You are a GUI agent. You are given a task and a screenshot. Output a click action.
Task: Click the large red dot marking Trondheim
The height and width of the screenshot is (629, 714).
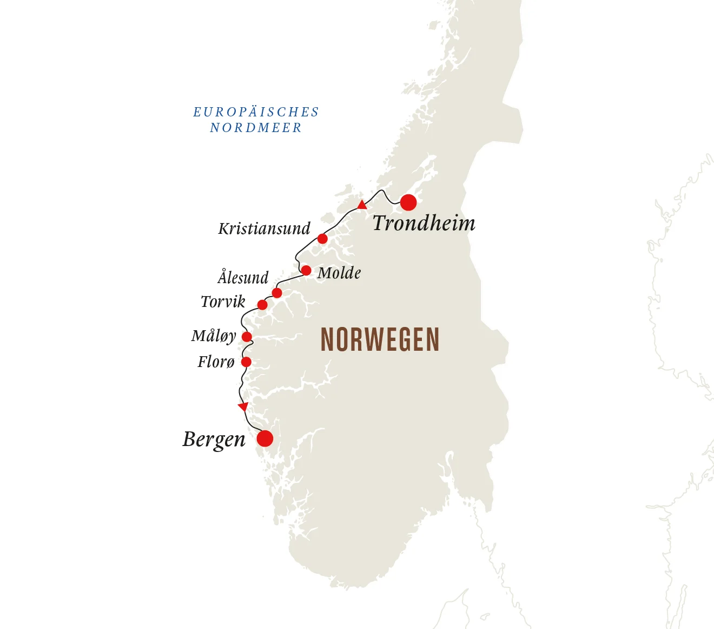[x=408, y=202]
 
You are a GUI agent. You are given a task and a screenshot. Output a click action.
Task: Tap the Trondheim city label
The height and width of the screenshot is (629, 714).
[x=424, y=224]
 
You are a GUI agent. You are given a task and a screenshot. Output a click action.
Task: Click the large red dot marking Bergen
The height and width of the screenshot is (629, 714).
[x=265, y=438]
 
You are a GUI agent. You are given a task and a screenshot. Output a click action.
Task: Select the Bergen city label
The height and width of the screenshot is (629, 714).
[x=214, y=440]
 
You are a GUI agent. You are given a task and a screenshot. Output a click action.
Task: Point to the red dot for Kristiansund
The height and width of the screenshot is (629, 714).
[x=322, y=239]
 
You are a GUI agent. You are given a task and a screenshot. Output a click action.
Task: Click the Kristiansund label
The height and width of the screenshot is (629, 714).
[x=264, y=229]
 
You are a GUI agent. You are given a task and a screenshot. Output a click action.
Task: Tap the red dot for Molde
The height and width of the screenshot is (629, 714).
[x=306, y=271]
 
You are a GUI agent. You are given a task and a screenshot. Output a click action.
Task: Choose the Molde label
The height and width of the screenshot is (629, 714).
[x=339, y=273]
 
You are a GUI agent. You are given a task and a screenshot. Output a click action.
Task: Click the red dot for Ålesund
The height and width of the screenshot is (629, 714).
[x=277, y=293]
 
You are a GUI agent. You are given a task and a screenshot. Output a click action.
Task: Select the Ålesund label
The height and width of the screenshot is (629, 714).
[x=243, y=278]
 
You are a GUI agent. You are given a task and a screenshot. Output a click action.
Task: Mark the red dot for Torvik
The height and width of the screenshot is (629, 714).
[x=262, y=305]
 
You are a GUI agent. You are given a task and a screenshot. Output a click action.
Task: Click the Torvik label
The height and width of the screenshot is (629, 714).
[x=223, y=302]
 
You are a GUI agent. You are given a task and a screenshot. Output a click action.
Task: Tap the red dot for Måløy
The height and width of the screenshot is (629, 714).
[x=247, y=337]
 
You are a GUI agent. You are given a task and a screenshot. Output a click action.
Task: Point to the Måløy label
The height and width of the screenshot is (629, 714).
[x=214, y=336]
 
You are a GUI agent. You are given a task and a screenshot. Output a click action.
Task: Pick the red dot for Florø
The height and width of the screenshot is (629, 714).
[x=246, y=362]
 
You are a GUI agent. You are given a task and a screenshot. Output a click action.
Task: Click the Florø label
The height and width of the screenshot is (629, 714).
[x=216, y=362]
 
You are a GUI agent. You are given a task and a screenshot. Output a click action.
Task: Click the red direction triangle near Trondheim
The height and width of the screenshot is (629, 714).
[x=362, y=205]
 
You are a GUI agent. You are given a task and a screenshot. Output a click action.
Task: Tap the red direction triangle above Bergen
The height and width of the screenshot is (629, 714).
[x=243, y=406]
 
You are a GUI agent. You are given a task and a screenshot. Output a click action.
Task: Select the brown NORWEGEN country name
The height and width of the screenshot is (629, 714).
[x=380, y=340]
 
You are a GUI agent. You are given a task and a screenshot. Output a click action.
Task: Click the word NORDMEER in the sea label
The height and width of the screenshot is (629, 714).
[x=255, y=128]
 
